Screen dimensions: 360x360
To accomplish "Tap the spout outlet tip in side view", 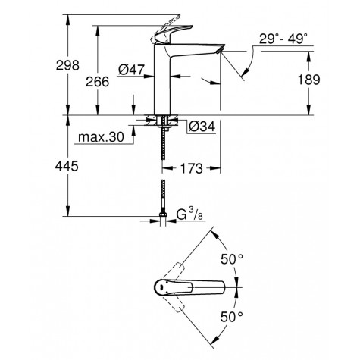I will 220,51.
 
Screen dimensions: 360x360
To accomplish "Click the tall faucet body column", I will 165,83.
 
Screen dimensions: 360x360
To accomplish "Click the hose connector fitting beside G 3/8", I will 164,220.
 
